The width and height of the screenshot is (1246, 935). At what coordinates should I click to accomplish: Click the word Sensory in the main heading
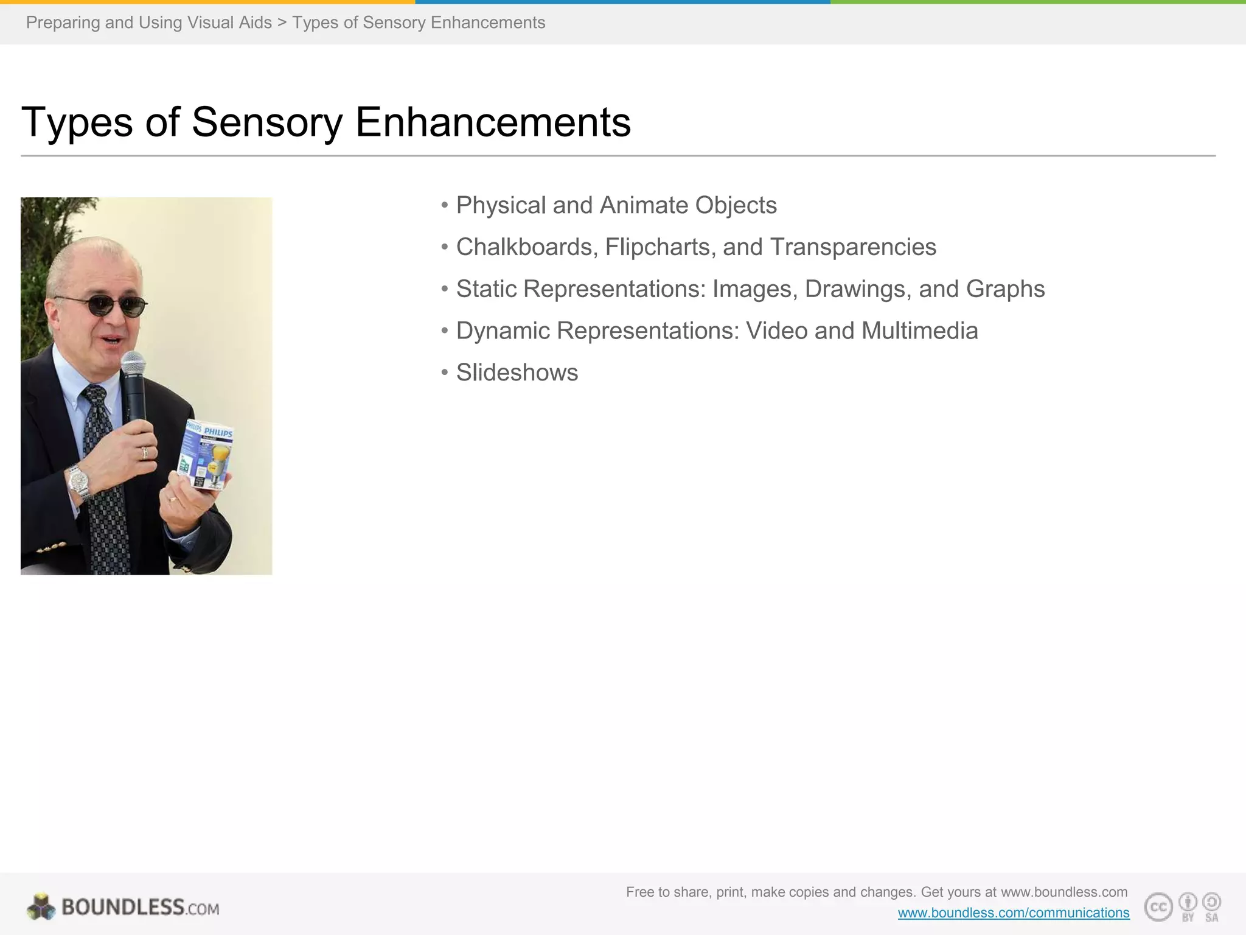(x=268, y=122)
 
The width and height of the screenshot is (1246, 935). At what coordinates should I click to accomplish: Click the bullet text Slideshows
(x=517, y=373)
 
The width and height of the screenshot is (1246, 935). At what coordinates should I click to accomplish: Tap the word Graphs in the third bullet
(x=1005, y=289)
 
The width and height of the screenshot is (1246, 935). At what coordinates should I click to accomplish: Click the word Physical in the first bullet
(x=501, y=206)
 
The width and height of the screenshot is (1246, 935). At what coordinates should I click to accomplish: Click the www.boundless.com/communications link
(x=1013, y=912)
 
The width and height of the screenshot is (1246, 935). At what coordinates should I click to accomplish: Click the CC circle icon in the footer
(x=1158, y=908)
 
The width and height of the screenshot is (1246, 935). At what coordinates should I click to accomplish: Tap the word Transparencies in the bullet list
(x=853, y=247)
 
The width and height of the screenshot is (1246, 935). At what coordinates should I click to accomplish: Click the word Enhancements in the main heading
(x=493, y=122)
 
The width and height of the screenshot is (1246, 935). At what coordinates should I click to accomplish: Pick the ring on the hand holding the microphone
(x=145, y=452)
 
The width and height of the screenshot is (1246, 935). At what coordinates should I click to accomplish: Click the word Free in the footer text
(x=639, y=892)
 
